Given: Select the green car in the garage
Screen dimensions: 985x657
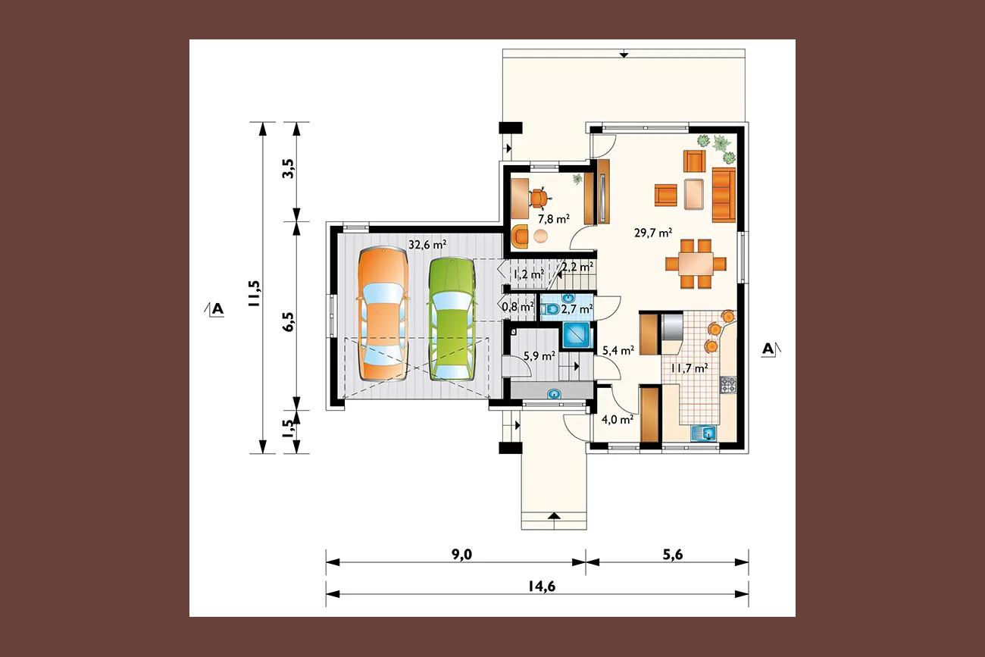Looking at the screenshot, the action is (x=453, y=319).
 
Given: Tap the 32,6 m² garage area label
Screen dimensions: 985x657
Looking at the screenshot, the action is (x=428, y=244).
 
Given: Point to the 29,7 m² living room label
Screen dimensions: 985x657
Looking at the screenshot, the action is (x=653, y=232).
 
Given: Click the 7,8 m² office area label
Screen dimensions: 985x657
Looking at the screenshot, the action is (x=554, y=218).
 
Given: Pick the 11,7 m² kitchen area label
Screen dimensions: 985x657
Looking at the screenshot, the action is (x=689, y=368).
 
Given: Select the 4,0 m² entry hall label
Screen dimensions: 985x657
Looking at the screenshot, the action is (x=618, y=419).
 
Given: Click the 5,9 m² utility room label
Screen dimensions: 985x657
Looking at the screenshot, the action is (x=539, y=355).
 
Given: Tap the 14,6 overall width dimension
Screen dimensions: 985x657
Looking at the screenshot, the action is (x=541, y=587).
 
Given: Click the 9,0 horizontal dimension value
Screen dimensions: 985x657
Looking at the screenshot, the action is (x=461, y=555).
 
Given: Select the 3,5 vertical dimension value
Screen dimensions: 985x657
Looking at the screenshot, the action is (x=289, y=168).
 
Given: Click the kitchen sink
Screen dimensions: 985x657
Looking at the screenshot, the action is (x=704, y=433).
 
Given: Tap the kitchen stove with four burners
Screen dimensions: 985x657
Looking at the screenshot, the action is (x=727, y=385).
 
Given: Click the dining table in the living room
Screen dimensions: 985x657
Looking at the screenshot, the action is (x=696, y=264).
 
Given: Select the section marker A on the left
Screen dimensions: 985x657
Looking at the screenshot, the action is (x=217, y=310).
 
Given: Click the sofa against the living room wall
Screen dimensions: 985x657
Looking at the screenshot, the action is (x=724, y=195).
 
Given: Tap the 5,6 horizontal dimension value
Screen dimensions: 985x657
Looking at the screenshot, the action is (x=673, y=555).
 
